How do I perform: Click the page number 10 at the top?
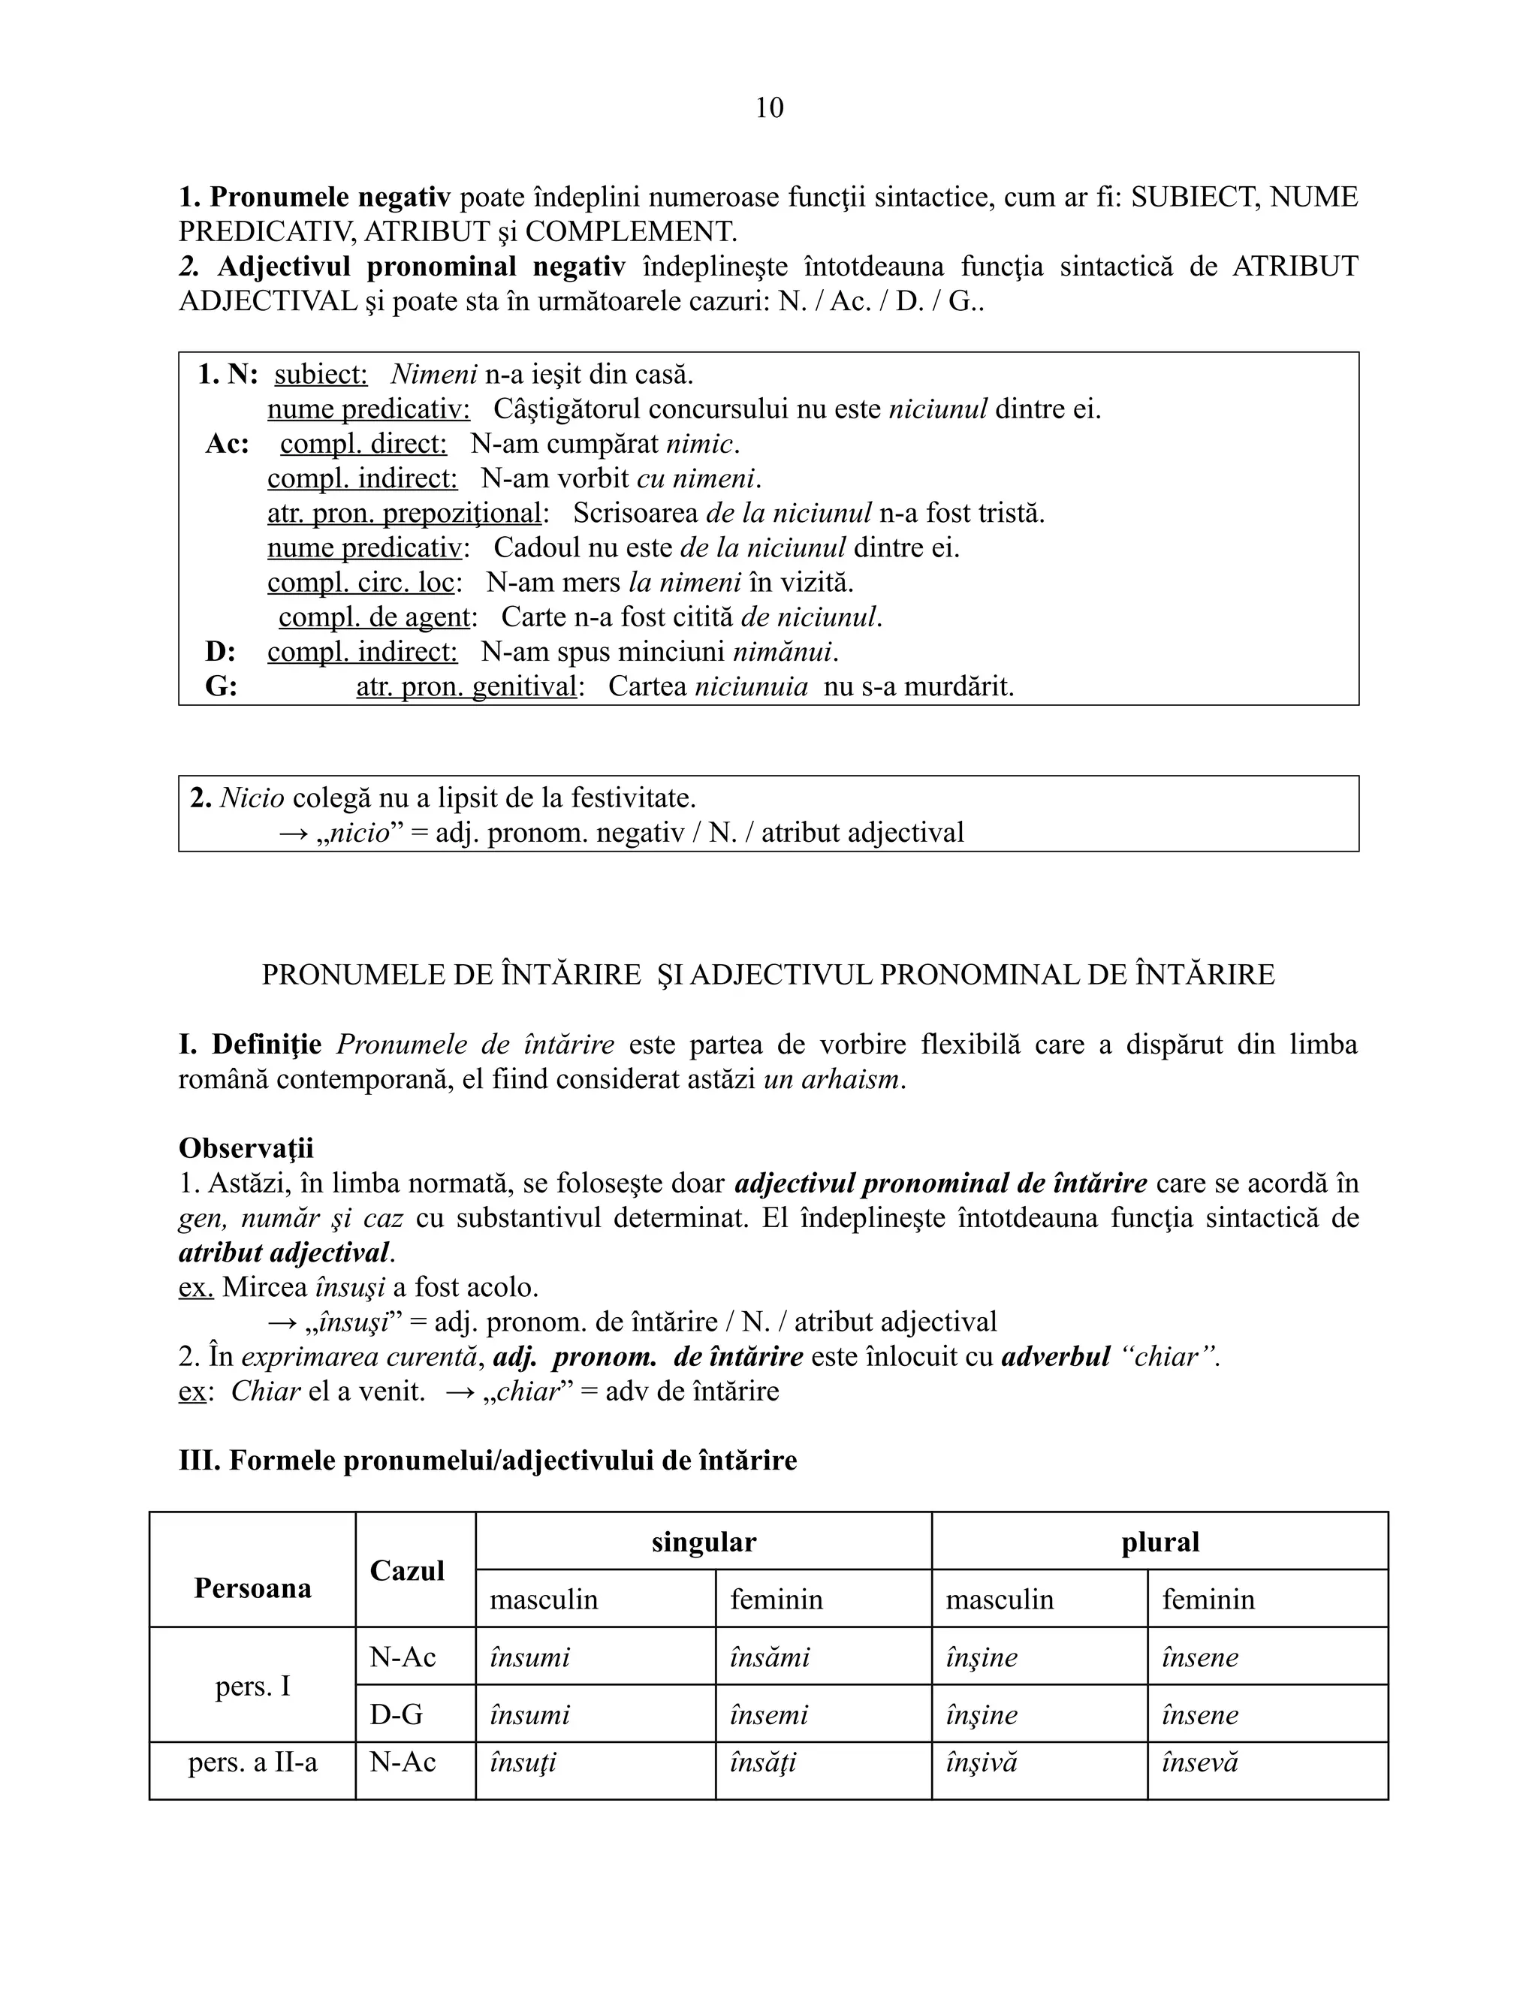[x=769, y=108]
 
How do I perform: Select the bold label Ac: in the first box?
[x=227, y=444]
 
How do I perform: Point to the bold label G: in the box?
[x=221, y=686]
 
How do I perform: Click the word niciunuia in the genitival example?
[x=751, y=686]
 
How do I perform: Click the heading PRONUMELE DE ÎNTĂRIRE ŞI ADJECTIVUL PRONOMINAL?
[x=768, y=975]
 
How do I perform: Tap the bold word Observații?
[x=246, y=1148]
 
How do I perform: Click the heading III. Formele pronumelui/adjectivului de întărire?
[x=487, y=1461]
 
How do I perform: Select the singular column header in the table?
[x=704, y=1542]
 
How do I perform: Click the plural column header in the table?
[x=1160, y=1542]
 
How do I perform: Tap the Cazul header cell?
[x=407, y=1570]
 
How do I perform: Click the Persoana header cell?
[x=252, y=1588]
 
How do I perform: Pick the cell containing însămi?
[x=769, y=1657]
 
